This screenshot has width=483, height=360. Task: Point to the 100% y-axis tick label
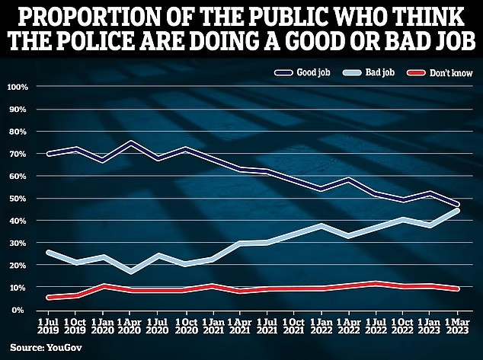pyautogui.click(x=17, y=87)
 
